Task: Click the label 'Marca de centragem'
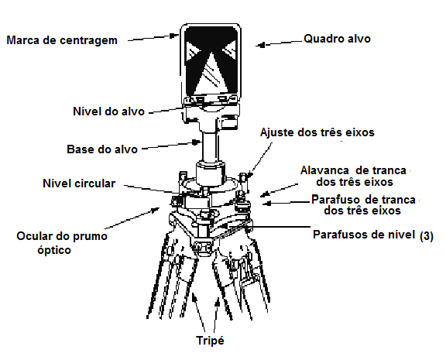62,40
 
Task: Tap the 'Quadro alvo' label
337,39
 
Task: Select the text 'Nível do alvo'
109,111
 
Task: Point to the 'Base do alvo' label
102,149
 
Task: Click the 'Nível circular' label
79,183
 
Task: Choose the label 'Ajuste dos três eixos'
317,132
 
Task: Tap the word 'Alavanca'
324,170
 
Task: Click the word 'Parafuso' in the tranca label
335,200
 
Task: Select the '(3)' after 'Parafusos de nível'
427,236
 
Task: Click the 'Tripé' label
210,341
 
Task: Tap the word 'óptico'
54,250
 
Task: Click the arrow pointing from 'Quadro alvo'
279,43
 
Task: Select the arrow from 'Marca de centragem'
153,38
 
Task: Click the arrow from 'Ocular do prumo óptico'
132,218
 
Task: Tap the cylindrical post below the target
211,146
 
